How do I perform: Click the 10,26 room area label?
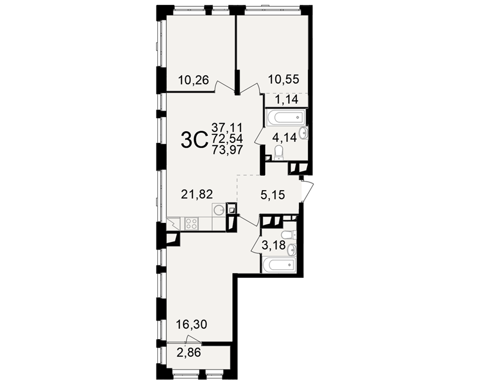click(x=194, y=81)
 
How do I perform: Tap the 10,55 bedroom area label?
click(x=284, y=79)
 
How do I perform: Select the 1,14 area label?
click(x=286, y=100)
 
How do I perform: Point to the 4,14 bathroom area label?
click(x=284, y=138)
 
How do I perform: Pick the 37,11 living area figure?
click(x=227, y=127)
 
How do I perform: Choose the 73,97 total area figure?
click(x=227, y=150)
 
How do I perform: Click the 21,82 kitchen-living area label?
click(x=197, y=194)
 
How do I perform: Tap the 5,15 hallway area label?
click(x=272, y=195)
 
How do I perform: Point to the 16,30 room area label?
click(x=191, y=324)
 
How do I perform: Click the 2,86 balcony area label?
click(x=188, y=352)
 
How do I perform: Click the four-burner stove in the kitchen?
click(x=191, y=223)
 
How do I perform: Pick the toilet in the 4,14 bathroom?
click(x=279, y=153)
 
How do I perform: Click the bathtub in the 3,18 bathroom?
click(x=279, y=264)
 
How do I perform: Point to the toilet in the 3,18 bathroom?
click(x=289, y=235)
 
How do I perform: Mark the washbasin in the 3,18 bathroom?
click(x=291, y=249)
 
